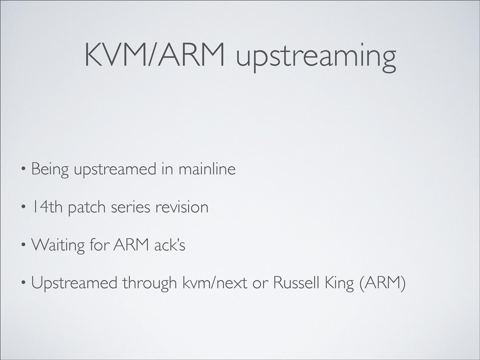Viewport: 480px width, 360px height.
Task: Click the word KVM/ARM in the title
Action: point(154,55)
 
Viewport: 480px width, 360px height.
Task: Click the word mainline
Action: point(207,169)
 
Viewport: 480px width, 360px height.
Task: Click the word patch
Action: point(87,208)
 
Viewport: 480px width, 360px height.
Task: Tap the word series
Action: point(130,208)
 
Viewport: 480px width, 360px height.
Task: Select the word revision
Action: point(182,207)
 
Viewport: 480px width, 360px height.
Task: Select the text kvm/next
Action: point(215,283)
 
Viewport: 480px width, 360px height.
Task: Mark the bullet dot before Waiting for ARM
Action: point(23,244)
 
